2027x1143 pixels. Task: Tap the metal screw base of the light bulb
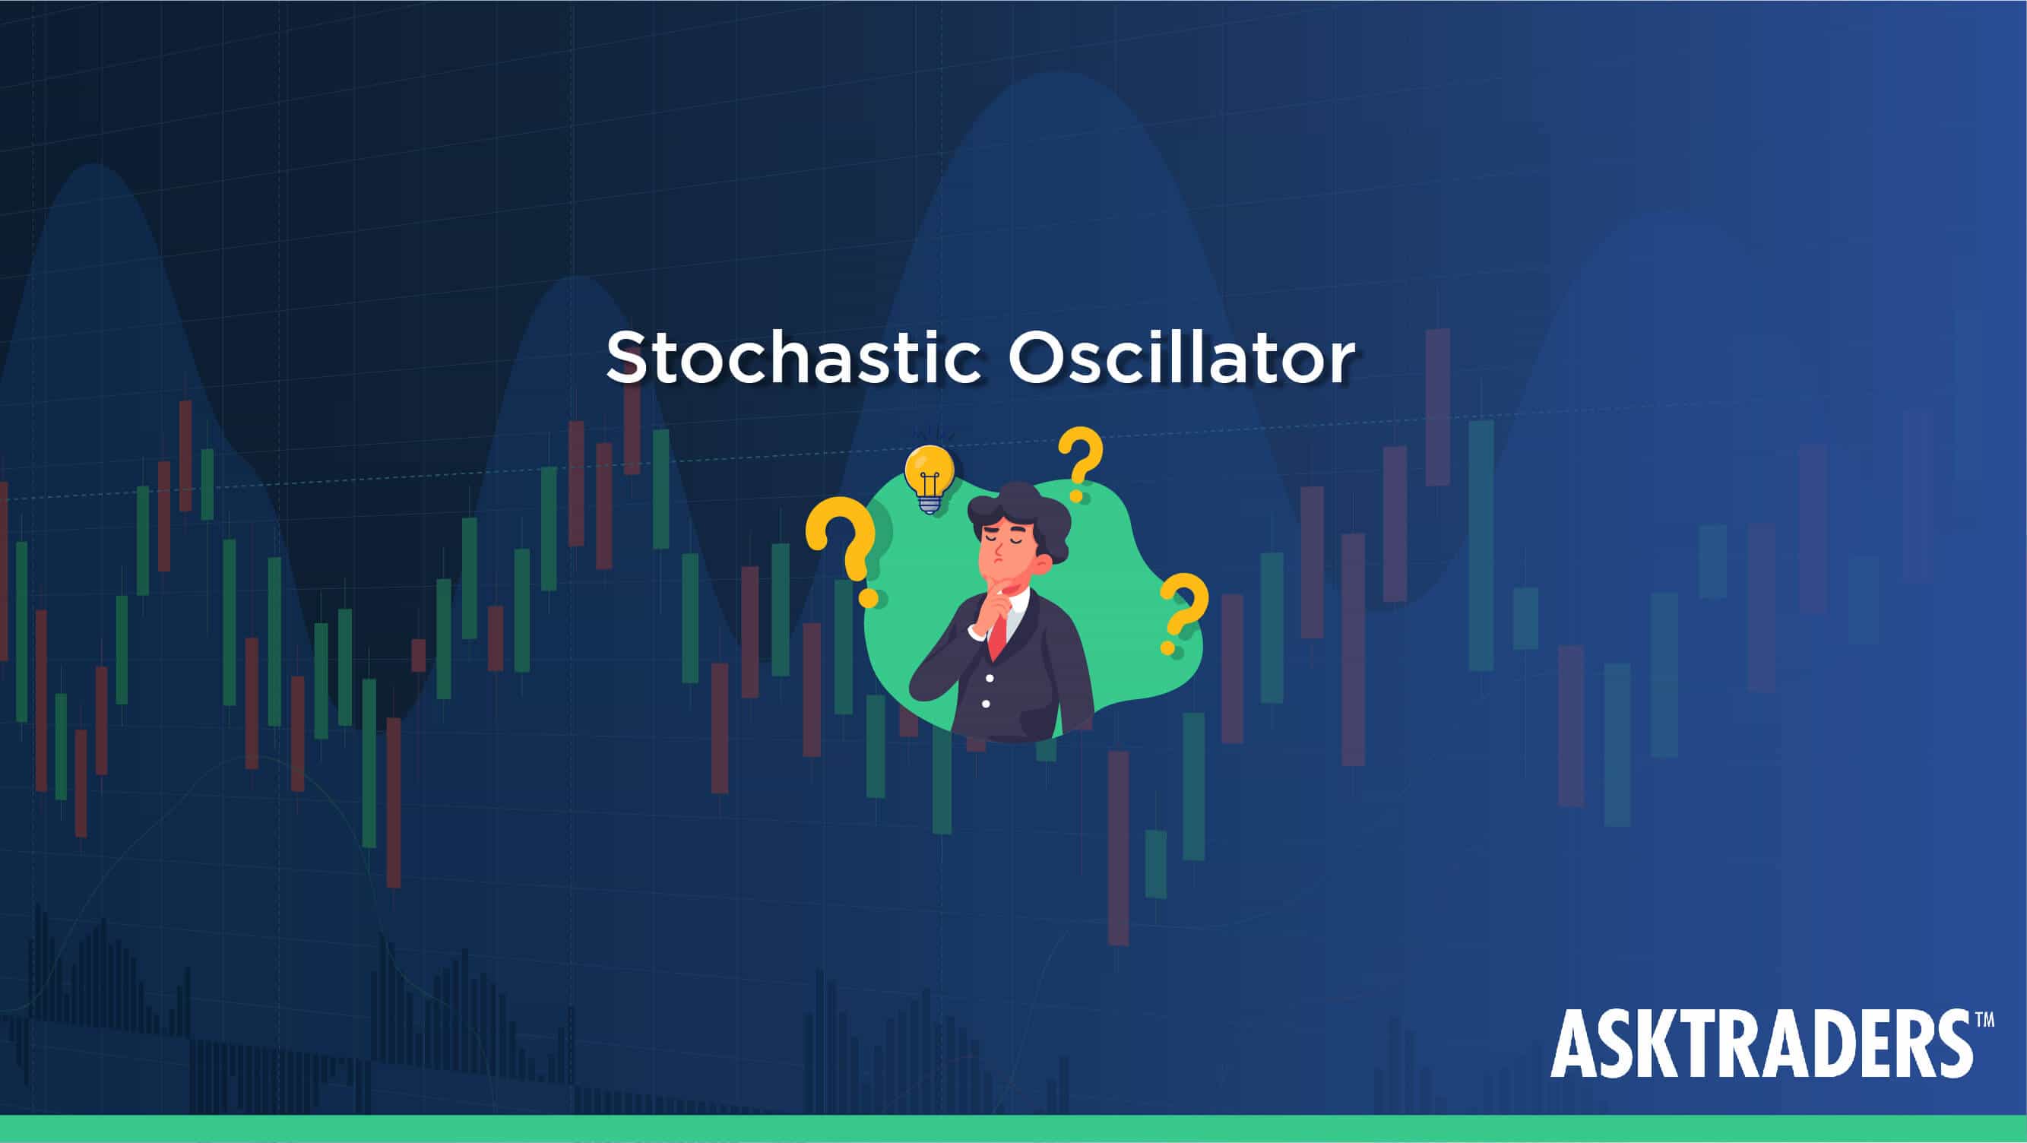tap(930, 505)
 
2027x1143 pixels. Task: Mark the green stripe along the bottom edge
tap(1014, 1129)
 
